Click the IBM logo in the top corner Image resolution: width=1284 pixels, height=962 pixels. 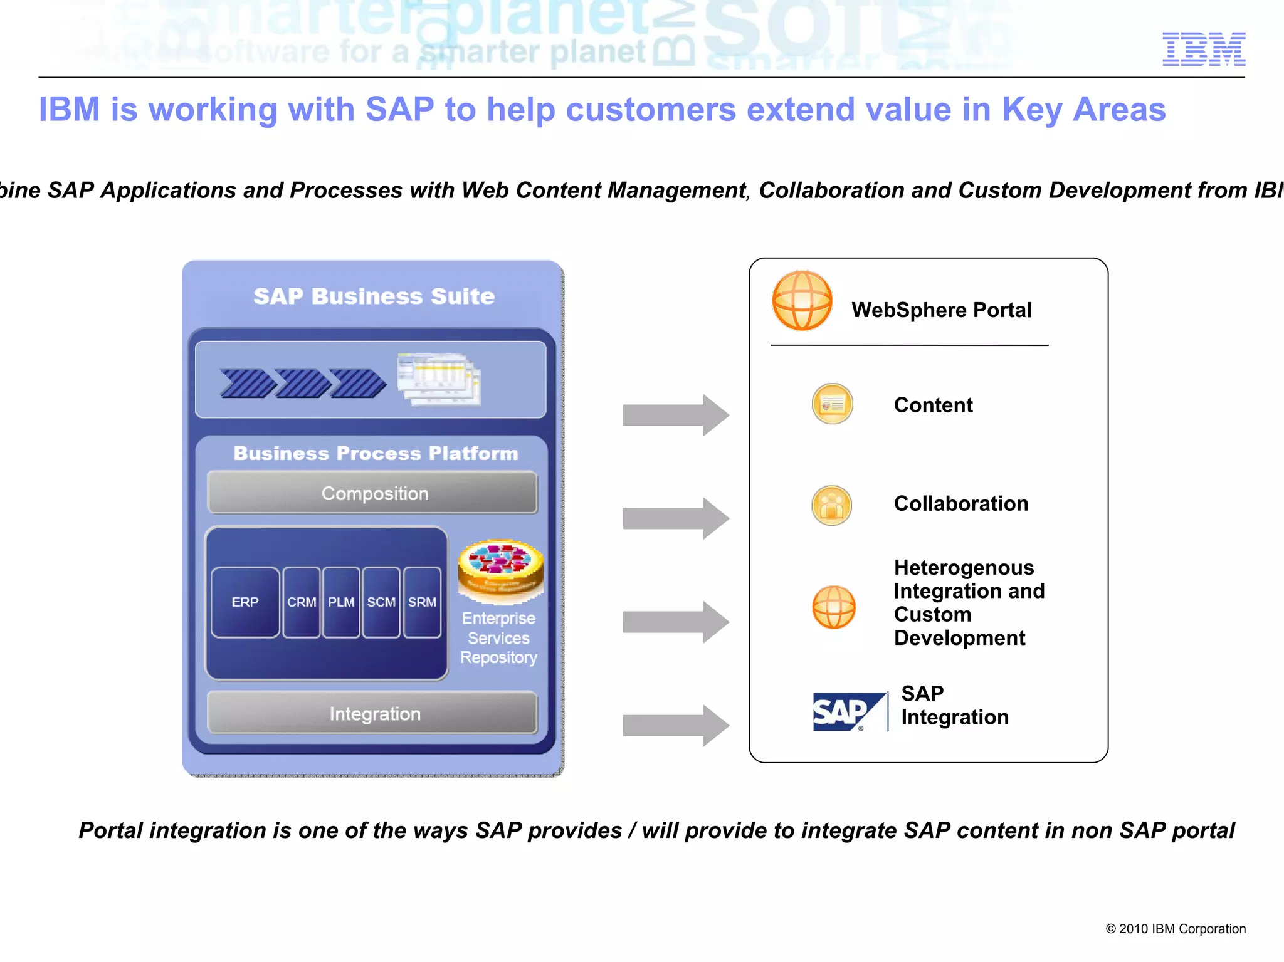(1203, 49)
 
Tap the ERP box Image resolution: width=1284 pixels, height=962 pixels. (245, 602)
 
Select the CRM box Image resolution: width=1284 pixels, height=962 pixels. (302, 602)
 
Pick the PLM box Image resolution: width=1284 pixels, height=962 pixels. (341, 602)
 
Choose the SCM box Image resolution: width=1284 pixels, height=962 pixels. (381, 602)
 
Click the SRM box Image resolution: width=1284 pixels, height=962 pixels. (423, 602)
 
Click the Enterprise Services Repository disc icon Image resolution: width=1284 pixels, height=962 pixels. (500, 568)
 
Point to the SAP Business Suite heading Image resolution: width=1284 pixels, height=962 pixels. (374, 296)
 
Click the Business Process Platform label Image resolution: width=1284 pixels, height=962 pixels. (376, 453)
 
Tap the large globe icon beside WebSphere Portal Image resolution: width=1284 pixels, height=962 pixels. (802, 301)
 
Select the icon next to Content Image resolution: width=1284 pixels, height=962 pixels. (832, 404)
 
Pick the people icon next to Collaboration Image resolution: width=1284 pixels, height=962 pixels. (832, 505)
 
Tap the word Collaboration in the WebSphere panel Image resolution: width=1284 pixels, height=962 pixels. (960, 504)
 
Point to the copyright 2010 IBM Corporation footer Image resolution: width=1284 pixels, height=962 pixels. (1175, 929)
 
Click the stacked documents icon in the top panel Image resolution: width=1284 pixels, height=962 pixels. (439, 379)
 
